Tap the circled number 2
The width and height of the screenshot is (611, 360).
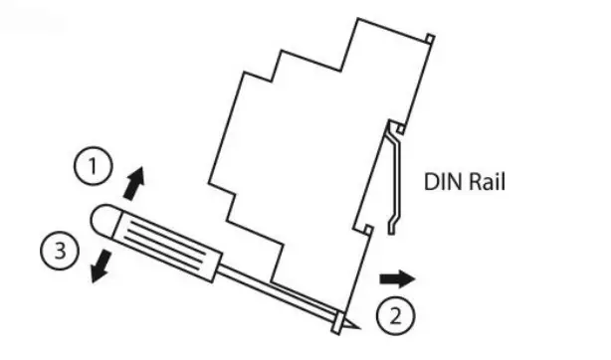[x=394, y=317]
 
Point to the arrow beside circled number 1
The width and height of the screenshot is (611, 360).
[x=134, y=182]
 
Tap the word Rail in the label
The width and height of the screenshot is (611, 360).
[x=485, y=183]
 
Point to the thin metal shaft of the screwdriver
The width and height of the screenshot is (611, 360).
[x=279, y=292]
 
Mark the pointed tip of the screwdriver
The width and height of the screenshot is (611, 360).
[x=343, y=325]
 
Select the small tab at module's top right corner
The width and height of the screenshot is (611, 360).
[x=429, y=39]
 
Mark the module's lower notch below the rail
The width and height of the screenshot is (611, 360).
[x=369, y=232]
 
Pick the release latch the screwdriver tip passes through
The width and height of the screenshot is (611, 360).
[x=338, y=316]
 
